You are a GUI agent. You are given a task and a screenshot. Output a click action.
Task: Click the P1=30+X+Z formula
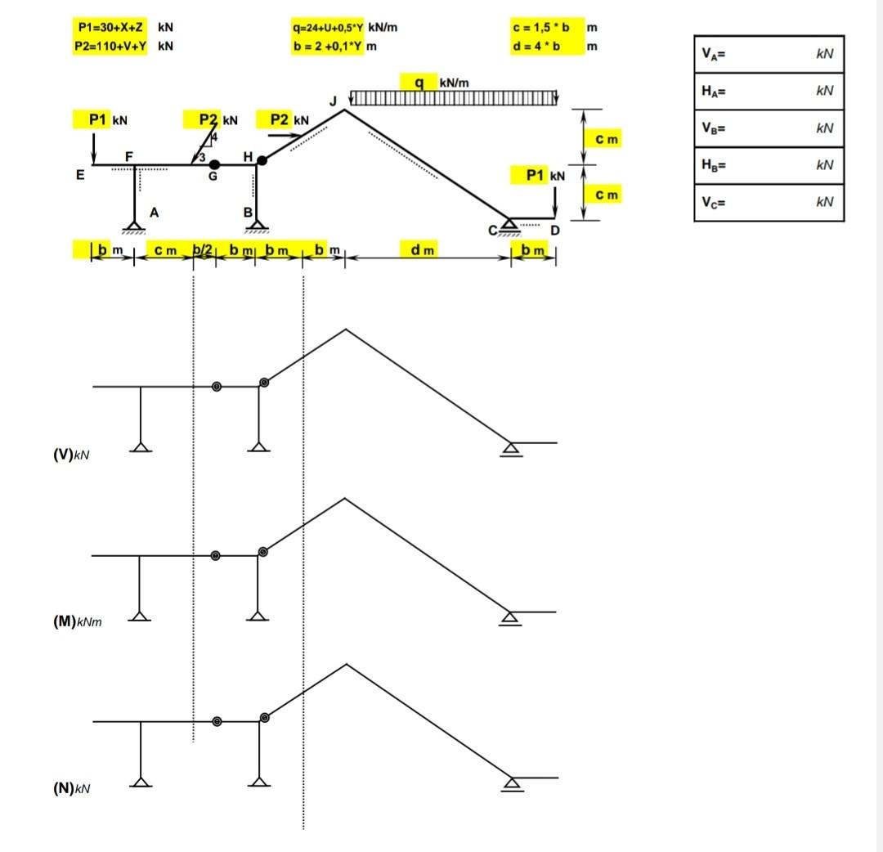coord(110,27)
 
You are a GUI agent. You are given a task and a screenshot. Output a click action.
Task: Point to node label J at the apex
coord(333,101)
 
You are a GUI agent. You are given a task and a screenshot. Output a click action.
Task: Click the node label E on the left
coord(80,173)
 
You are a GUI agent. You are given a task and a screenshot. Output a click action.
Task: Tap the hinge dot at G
coord(214,164)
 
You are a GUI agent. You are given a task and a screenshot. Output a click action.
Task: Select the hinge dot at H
coord(262,160)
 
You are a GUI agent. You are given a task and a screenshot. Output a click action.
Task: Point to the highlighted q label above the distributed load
coord(419,83)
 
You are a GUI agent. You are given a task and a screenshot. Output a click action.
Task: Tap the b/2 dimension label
coord(203,249)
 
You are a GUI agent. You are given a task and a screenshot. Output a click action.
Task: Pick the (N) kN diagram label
coord(71,788)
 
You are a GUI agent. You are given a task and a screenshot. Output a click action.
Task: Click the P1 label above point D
coord(535,175)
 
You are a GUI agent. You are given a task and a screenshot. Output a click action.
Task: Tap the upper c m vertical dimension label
coord(607,140)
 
